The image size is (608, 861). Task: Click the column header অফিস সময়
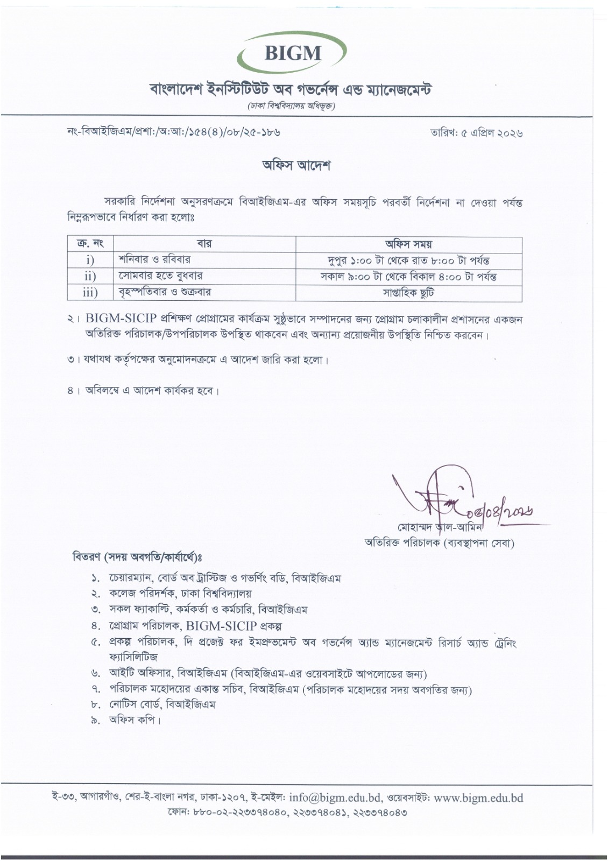409,243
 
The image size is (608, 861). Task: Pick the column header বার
204,243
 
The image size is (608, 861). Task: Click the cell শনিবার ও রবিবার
154,259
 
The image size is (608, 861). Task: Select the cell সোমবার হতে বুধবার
160,276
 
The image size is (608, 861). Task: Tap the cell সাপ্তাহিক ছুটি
409,292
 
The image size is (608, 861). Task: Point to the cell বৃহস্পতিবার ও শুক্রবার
164,292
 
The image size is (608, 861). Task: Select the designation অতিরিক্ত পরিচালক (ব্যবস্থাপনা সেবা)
439,544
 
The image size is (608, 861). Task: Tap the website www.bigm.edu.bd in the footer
478,798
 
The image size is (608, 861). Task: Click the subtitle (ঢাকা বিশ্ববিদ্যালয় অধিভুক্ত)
292,107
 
